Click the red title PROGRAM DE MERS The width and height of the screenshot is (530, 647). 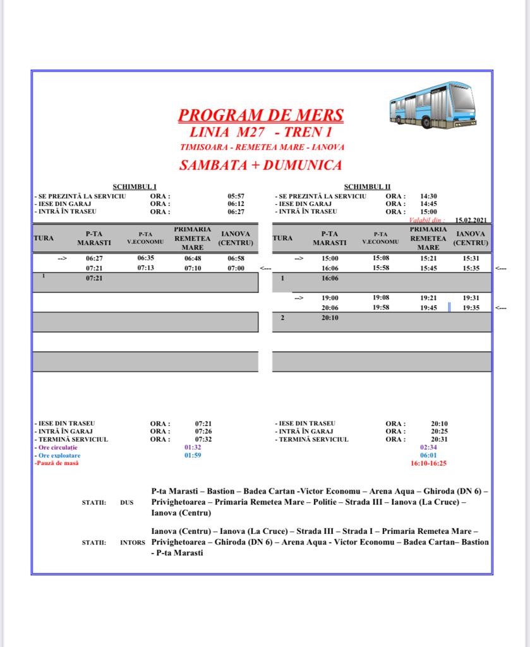(x=261, y=116)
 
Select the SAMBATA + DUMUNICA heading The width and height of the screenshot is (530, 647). (x=261, y=166)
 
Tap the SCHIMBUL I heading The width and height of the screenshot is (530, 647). (x=135, y=186)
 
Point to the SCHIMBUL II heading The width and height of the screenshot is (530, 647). (x=367, y=186)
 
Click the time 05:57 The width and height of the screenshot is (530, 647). (x=236, y=197)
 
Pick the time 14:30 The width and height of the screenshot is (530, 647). (x=429, y=197)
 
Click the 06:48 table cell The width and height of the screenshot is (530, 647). (x=193, y=258)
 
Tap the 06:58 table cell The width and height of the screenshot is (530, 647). (x=236, y=258)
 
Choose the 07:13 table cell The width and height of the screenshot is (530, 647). (x=146, y=268)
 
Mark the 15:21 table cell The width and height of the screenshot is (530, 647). (x=428, y=258)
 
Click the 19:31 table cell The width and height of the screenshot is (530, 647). (x=471, y=298)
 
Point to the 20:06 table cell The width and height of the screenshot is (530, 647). (x=330, y=308)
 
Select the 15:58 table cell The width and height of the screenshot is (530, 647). (x=380, y=268)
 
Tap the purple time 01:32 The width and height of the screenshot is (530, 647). (x=193, y=447)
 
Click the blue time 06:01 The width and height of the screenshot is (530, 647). (x=428, y=455)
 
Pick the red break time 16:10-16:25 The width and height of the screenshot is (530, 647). (x=428, y=463)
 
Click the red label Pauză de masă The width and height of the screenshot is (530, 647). (x=57, y=463)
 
